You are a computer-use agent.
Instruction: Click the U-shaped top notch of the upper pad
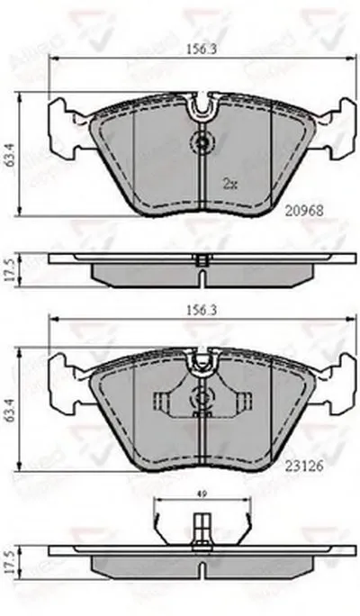coord(202,110)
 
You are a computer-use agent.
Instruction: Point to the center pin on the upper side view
coord(202,260)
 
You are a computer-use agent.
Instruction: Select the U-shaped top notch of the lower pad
coord(202,363)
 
